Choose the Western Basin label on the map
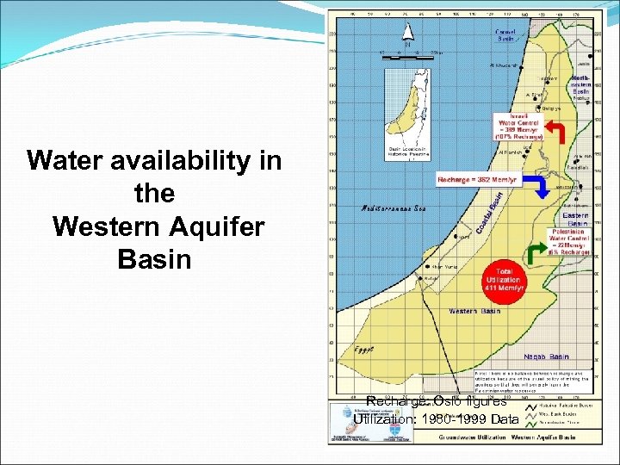pyautogui.click(x=474, y=311)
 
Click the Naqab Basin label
pyautogui.click(x=546, y=356)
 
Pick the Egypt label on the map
pyautogui.click(x=343, y=351)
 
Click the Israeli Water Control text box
pyautogui.click(x=517, y=126)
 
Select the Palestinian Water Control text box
pyautogui.click(x=567, y=241)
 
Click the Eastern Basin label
pyautogui.click(x=575, y=219)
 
